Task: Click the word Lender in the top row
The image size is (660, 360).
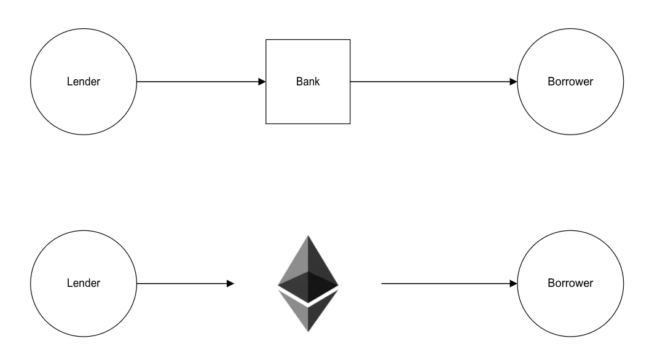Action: [x=83, y=82]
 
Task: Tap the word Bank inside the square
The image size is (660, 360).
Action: [x=308, y=82]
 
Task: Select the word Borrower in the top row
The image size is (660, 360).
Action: [x=570, y=82]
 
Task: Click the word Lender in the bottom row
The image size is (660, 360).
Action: [x=83, y=283]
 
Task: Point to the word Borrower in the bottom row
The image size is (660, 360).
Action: [x=570, y=283]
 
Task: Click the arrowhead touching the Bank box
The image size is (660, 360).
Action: [x=262, y=82]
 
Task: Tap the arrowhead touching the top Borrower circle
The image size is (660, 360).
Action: [x=514, y=82]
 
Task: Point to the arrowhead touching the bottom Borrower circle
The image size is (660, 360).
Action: [x=514, y=283]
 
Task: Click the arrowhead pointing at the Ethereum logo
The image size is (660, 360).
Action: [x=230, y=283]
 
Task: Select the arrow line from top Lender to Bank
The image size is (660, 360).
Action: [x=197, y=82]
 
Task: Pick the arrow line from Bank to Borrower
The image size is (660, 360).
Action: [x=430, y=82]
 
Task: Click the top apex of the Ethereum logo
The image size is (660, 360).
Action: [x=308, y=237]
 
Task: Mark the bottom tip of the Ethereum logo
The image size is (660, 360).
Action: [x=308, y=331]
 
